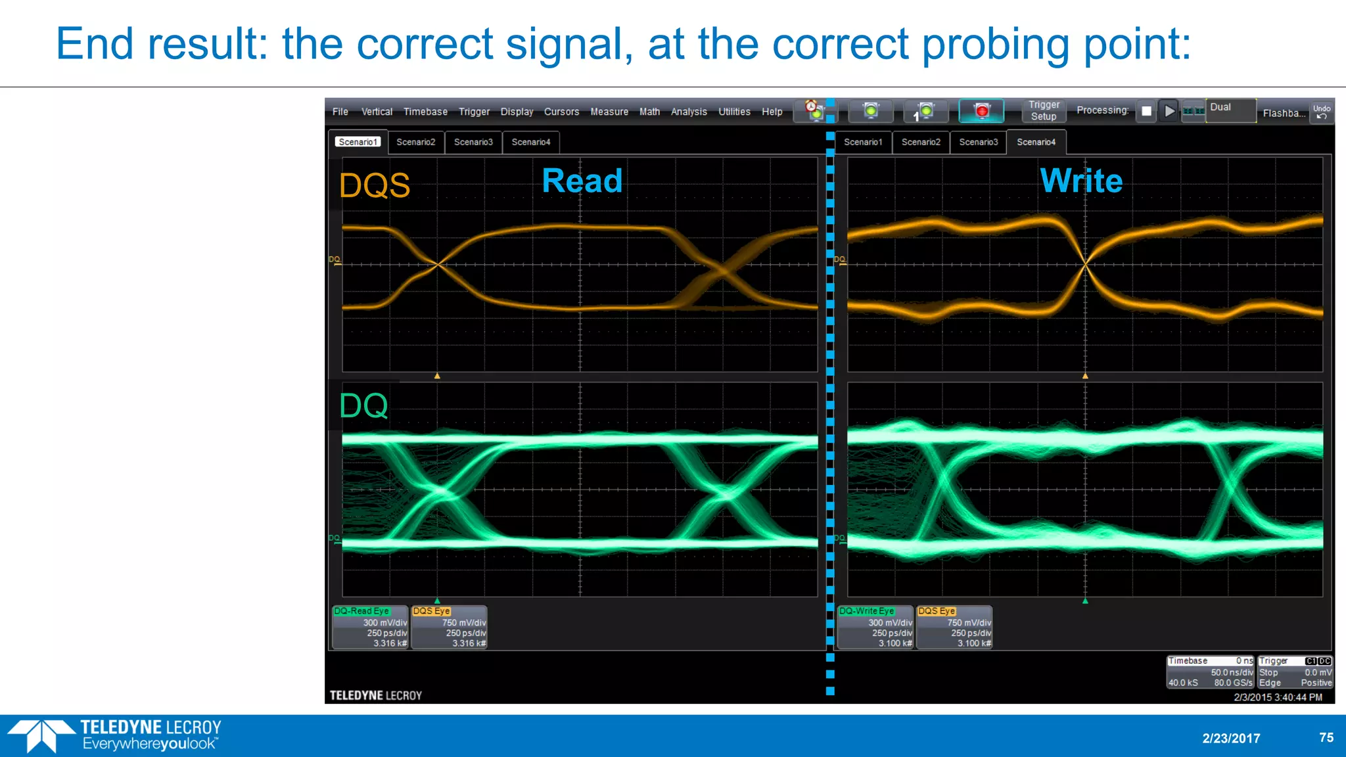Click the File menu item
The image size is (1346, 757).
340,112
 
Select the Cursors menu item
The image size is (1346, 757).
561,112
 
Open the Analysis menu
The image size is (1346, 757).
688,112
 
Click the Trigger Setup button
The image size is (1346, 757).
1043,110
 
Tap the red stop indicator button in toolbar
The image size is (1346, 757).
981,110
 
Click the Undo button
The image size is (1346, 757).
1321,112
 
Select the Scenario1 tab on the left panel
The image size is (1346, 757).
358,142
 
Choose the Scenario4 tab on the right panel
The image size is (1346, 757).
1036,142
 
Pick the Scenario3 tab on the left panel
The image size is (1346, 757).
473,142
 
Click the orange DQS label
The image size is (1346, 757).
375,185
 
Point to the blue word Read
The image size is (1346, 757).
582,181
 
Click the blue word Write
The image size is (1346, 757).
1081,181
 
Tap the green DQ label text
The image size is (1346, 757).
363,405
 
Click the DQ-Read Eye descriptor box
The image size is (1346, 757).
370,628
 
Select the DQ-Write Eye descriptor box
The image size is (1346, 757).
875,628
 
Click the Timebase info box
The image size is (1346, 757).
1210,672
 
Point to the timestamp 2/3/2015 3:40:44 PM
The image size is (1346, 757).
1278,697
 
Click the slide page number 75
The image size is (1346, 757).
1326,737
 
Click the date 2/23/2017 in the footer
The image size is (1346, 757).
1231,738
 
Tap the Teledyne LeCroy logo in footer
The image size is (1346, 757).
115,735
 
